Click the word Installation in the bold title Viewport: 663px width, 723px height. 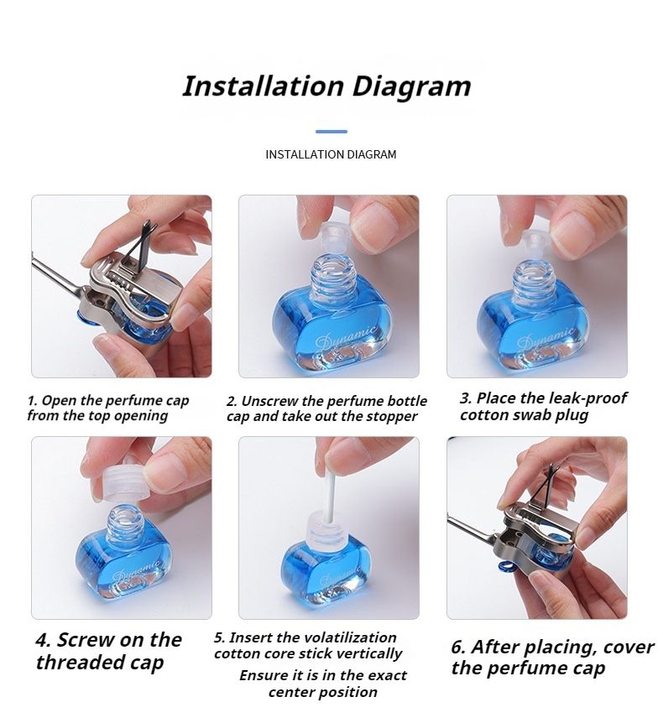[264, 86]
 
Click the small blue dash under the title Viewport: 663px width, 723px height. [331, 132]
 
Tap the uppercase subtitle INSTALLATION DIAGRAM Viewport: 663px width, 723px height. [331, 154]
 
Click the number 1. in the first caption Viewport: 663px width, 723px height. [32, 401]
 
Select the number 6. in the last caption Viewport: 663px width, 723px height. [457, 648]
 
